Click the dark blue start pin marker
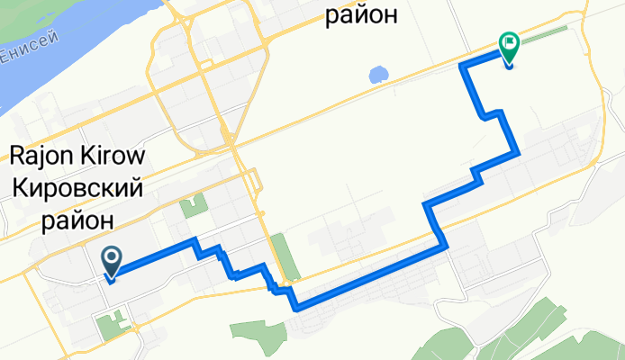[112, 262]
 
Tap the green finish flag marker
[509, 49]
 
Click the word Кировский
[79, 186]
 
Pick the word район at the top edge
[360, 14]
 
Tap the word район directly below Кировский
[79, 219]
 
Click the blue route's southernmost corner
[296, 308]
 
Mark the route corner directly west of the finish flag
[463, 66]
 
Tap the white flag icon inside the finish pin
[510, 40]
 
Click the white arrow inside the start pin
[112, 258]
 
